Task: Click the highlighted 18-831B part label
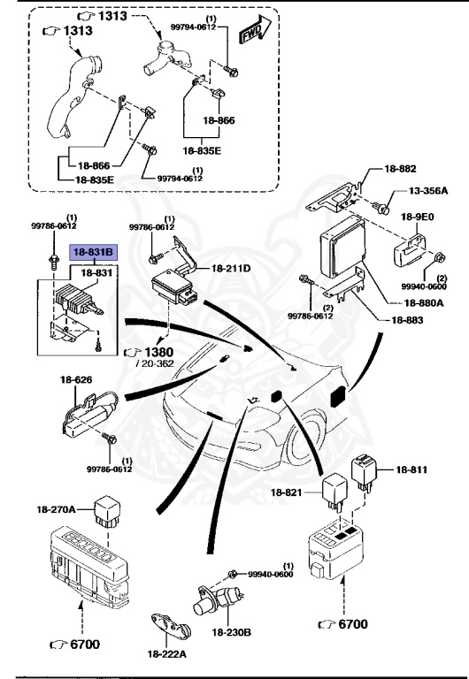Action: pyautogui.click(x=93, y=252)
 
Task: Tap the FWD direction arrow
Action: pyautogui.click(x=255, y=29)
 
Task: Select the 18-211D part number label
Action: pyautogui.click(x=231, y=269)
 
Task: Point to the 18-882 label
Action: pyautogui.click(x=400, y=169)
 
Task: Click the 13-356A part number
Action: pyautogui.click(x=428, y=191)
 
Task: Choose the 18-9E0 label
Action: pyautogui.click(x=418, y=217)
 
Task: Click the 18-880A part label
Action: pyautogui.click(x=424, y=302)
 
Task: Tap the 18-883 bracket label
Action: pyautogui.click(x=407, y=320)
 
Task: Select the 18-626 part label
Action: pyautogui.click(x=76, y=380)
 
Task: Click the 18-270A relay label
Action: pyautogui.click(x=56, y=509)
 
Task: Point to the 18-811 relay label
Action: pyautogui.click(x=411, y=469)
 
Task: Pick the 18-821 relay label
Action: pyautogui.click(x=286, y=492)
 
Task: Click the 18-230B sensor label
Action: pyautogui.click(x=232, y=632)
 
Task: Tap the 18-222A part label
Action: pyautogui.click(x=167, y=654)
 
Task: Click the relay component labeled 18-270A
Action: pyautogui.click(x=107, y=511)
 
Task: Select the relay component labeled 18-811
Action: pyautogui.click(x=364, y=472)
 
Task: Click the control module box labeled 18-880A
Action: pyautogui.click(x=342, y=247)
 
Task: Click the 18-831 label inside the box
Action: pyautogui.click(x=96, y=273)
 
